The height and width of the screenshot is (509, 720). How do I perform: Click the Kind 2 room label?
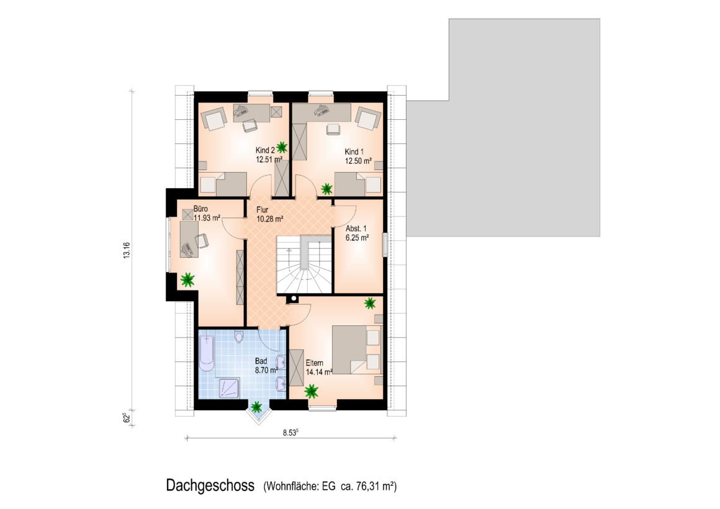tap(265, 150)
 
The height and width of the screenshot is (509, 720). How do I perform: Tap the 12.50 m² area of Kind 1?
tap(358, 161)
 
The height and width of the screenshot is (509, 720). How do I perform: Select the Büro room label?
tap(200, 209)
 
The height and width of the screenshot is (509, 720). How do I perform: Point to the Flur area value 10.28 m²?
tap(269, 219)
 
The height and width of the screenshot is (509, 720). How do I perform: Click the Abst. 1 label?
tap(356, 229)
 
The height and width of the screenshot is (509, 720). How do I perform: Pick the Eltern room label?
tap(315, 363)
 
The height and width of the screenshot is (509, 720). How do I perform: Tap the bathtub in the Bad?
tap(207, 353)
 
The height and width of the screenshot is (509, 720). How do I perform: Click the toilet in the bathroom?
tap(238, 336)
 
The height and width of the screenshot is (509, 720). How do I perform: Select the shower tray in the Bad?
tap(229, 388)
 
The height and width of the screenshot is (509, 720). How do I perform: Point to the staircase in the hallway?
tap(304, 264)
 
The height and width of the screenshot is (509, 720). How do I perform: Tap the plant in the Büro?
tap(187, 279)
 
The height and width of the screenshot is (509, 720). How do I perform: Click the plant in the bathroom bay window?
tap(256, 407)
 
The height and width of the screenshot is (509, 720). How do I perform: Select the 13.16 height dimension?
tap(127, 250)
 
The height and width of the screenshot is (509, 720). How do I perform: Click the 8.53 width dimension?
tap(290, 432)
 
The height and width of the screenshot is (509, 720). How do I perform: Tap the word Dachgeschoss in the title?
tap(210, 485)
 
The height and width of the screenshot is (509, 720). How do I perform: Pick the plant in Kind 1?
tap(326, 189)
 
